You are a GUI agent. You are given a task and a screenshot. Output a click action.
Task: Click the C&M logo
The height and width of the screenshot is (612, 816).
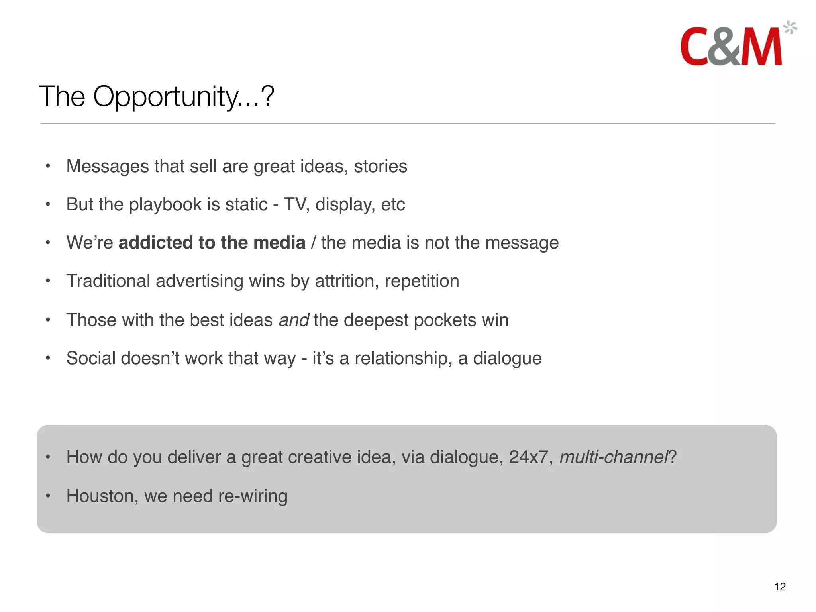point(731,47)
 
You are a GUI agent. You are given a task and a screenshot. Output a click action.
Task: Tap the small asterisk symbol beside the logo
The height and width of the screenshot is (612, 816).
point(790,28)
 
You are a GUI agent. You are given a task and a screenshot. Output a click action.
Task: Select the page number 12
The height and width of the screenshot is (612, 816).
point(780,586)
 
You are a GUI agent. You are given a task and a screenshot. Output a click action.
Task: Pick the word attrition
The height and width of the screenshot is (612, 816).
point(346,281)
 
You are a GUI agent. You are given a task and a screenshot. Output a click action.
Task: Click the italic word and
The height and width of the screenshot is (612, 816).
point(294,320)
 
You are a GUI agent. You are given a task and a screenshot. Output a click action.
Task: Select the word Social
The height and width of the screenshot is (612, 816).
point(91,358)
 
